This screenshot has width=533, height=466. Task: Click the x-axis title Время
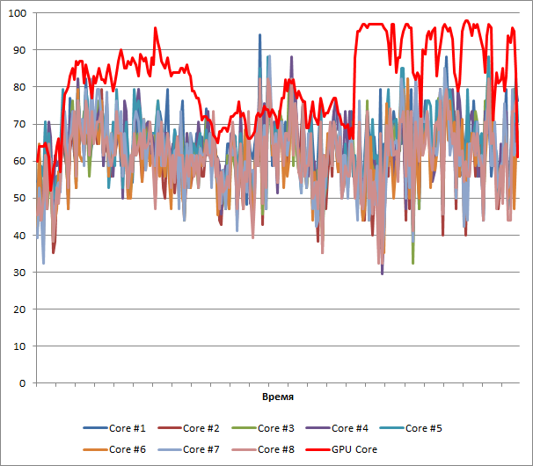(x=279, y=398)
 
